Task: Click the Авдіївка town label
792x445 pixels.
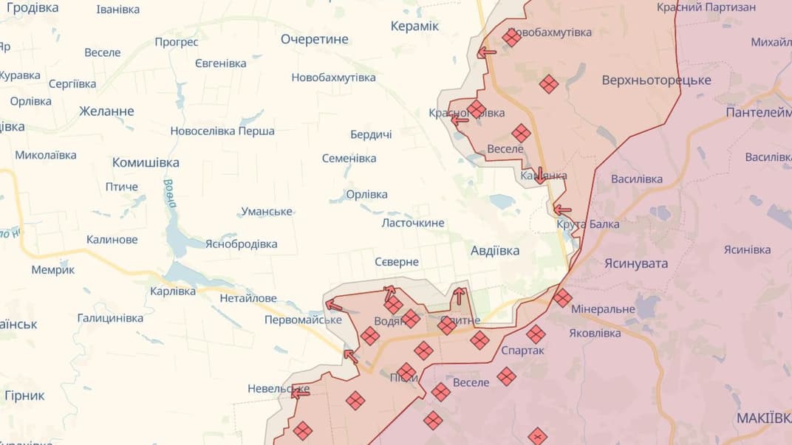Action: click(x=494, y=251)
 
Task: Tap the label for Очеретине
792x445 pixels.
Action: click(x=314, y=39)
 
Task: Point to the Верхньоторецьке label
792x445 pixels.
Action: click(x=656, y=80)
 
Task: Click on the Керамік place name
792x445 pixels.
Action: click(x=414, y=27)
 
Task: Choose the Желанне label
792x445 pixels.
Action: click(x=106, y=111)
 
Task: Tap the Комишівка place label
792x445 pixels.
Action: click(x=146, y=162)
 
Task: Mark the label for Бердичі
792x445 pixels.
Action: click(x=371, y=134)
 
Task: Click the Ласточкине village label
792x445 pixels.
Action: click(x=413, y=223)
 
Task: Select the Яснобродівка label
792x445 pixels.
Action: click(x=241, y=244)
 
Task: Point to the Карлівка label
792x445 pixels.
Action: click(x=173, y=291)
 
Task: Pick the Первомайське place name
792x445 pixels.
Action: click(x=303, y=320)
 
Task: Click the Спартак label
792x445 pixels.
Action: click(x=522, y=351)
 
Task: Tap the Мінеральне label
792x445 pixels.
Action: click(x=602, y=309)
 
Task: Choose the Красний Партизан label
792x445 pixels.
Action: click(x=706, y=7)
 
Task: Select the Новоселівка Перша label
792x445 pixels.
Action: click(x=222, y=131)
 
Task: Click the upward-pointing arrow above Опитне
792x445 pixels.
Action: click(x=460, y=296)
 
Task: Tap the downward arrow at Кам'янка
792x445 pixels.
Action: click(x=540, y=175)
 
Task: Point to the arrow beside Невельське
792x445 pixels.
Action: click(x=300, y=393)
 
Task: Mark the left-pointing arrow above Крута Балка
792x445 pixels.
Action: click(x=562, y=210)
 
